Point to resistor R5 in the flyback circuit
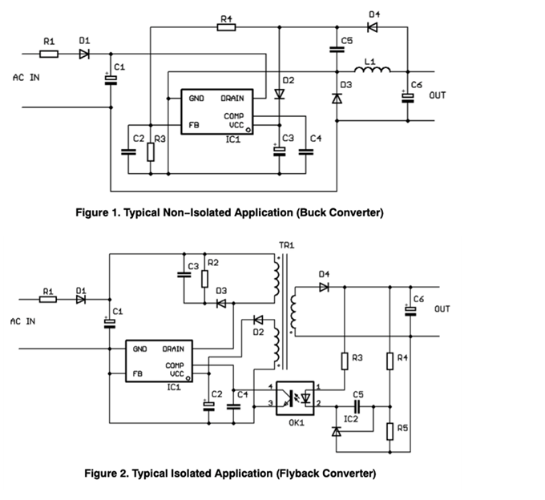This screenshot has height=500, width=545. [x=390, y=431]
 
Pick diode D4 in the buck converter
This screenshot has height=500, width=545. [x=373, y=26]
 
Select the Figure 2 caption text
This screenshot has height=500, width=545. [x=230, y=473]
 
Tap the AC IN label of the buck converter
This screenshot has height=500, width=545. [x=26, y=78]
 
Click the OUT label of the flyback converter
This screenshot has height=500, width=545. [x=442, y=308]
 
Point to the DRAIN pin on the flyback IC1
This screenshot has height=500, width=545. [x=174, y=349]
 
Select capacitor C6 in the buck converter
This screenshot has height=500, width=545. [x=407, y=97]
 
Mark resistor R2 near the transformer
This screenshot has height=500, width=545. [x=205, y=278]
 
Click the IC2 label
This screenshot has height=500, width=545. [x=351, y=418]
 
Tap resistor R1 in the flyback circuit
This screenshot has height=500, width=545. [x=49, y=300]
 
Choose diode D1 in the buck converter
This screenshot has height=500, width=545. [x=84, y=54]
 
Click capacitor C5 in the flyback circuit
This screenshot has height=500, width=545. [x=357, y=405]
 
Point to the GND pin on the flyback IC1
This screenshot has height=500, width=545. [x=140, y=349]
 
